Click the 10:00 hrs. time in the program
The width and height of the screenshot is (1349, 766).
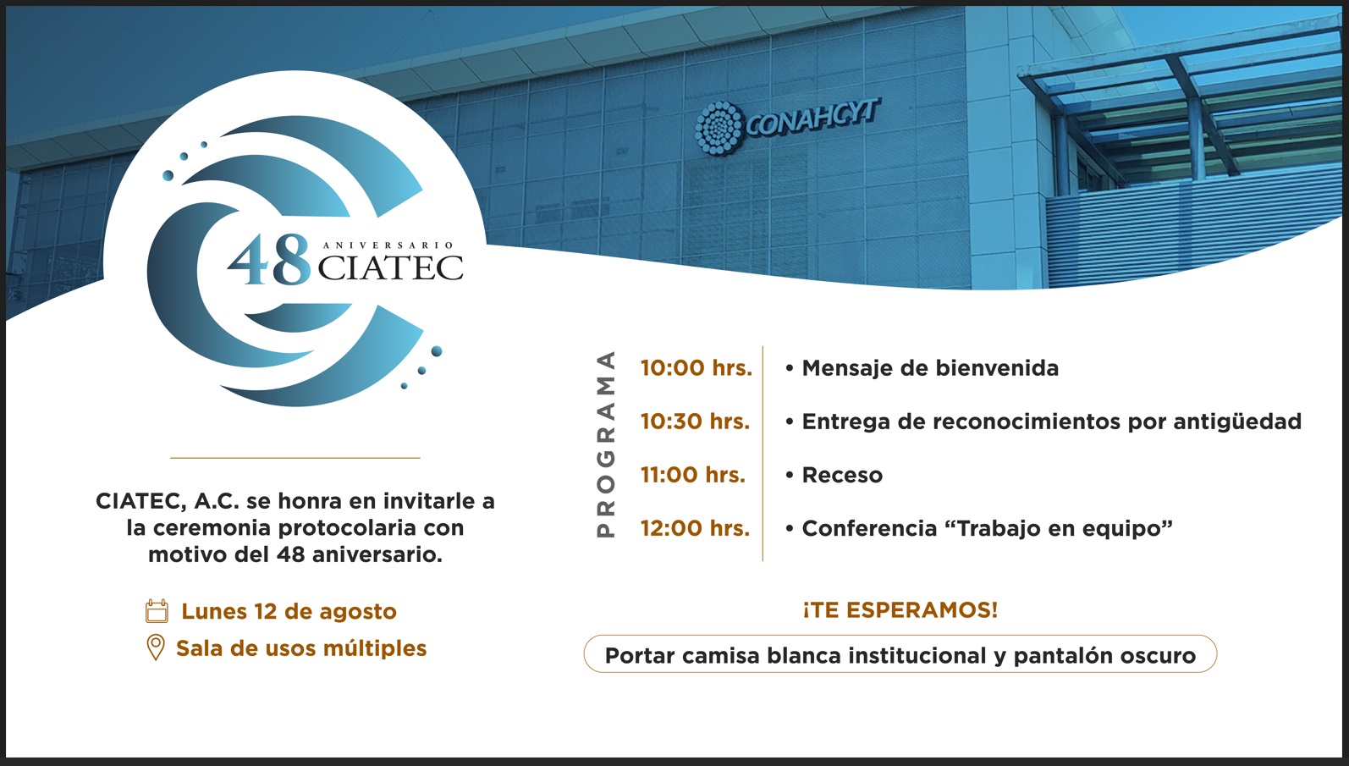tap(697, 368)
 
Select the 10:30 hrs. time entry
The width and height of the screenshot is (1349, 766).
tap(695, 422)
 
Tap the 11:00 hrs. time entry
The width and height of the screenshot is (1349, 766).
tap(692, 475)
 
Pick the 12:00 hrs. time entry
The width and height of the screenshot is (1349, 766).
tap(695, 528)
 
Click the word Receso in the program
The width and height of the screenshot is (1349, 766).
tap(842, 475)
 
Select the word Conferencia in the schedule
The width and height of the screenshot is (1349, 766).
tap(870, 528)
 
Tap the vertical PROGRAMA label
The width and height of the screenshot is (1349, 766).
tap(606, 444)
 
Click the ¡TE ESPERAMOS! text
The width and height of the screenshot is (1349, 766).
tap(900, 610)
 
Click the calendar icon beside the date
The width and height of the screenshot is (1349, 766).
tap(157, 610)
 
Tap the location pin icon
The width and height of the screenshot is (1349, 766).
tap(156, 648)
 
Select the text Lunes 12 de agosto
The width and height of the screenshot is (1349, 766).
tap(289, 612)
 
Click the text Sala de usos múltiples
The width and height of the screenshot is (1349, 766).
tap(301, 648)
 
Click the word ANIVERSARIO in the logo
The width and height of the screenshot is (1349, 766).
tap(388, 245)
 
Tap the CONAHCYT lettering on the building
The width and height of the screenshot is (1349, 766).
tap(813, 118)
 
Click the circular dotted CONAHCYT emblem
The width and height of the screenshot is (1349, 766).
tap(719, 128)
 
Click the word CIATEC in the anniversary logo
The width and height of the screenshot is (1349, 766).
tap(390, 268)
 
